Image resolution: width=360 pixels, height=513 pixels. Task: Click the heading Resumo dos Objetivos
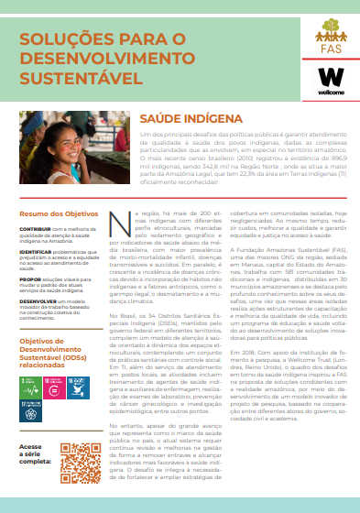(x=55, y=212)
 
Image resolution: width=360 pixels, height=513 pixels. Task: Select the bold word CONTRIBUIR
(x=36, y=227)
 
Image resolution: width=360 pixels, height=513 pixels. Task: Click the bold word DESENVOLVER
(x=40, y=300)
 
